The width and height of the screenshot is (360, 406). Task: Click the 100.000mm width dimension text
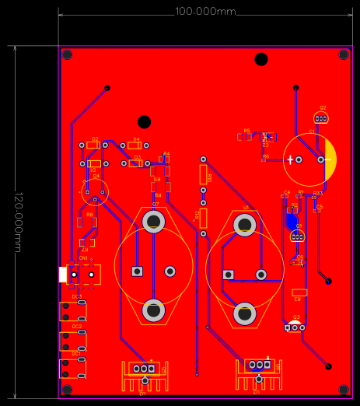[x=205, y=12]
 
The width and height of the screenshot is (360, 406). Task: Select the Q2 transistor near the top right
[x=321, y=118]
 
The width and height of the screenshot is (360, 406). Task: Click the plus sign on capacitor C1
[x=291, y=159]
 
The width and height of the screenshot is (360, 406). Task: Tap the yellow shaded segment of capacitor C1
[x=330, y=159]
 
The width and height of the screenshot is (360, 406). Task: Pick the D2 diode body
[x=93, y=145]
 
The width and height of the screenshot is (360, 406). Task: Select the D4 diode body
[x=134, y=145]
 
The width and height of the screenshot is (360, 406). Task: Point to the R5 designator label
[x=247, y=131]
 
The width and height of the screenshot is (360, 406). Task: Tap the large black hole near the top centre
[x=261, y=59]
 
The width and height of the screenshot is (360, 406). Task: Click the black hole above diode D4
[x=144, y=122]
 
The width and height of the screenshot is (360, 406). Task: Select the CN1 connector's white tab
[x=63, y=274]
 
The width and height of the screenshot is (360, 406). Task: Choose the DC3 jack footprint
[x=74, y=311]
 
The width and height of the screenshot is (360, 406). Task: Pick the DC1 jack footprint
[x=74, y=368]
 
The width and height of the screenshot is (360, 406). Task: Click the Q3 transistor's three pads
[x=293, y=327]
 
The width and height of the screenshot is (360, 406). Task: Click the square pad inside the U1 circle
[x=229, y=274]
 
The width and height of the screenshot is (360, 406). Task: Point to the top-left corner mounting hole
[x=68, y=55]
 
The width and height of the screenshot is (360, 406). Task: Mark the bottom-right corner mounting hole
[x=343, y=388]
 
